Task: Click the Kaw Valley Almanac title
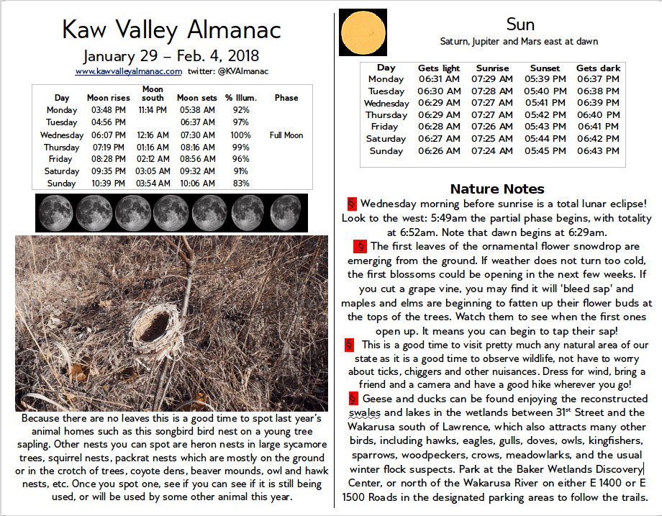pos(171,30)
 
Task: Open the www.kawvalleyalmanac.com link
pos(128,71)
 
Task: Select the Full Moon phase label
pos(286,135)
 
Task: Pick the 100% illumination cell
pos(241,135)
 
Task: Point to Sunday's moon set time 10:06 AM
pos(196,184)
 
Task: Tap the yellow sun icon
pos(363,32)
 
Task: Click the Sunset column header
pos(545,68)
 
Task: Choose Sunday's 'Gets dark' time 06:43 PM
pos(597,151)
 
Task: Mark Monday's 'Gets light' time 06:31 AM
pos(439,79)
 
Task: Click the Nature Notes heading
pos(497,189)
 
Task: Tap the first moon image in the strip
pos(55,213)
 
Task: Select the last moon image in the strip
pos(286,213)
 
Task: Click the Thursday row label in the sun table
pos(386,115)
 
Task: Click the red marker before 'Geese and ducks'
pos(353,398)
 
